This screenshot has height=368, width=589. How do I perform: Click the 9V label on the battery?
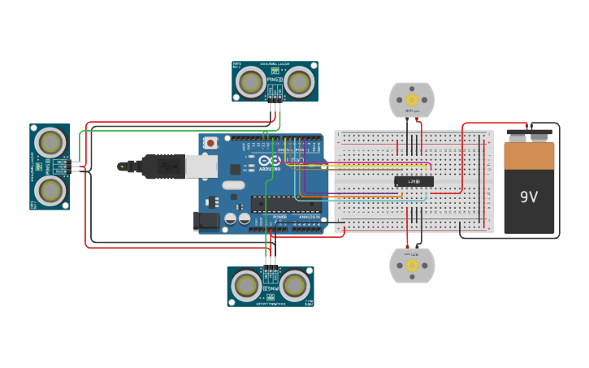529,197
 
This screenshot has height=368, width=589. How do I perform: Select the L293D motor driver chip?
414,181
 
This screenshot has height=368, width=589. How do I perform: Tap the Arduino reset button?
211,143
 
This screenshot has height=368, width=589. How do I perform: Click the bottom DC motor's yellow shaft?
412,266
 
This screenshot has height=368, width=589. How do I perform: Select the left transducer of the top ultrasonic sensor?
250,82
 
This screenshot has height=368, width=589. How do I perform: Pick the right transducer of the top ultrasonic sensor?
299,82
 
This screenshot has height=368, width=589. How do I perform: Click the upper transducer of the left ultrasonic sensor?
50,143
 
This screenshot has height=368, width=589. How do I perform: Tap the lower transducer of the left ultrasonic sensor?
50,191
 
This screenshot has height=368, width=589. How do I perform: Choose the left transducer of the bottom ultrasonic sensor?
245,286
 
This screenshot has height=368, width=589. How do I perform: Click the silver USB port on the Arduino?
201,166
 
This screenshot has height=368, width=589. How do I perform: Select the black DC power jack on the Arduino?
206,219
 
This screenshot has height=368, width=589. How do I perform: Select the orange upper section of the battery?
529,155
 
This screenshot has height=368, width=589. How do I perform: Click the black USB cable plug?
162,166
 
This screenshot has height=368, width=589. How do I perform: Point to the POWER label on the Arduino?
279,218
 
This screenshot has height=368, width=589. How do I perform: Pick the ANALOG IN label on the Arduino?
309,218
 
